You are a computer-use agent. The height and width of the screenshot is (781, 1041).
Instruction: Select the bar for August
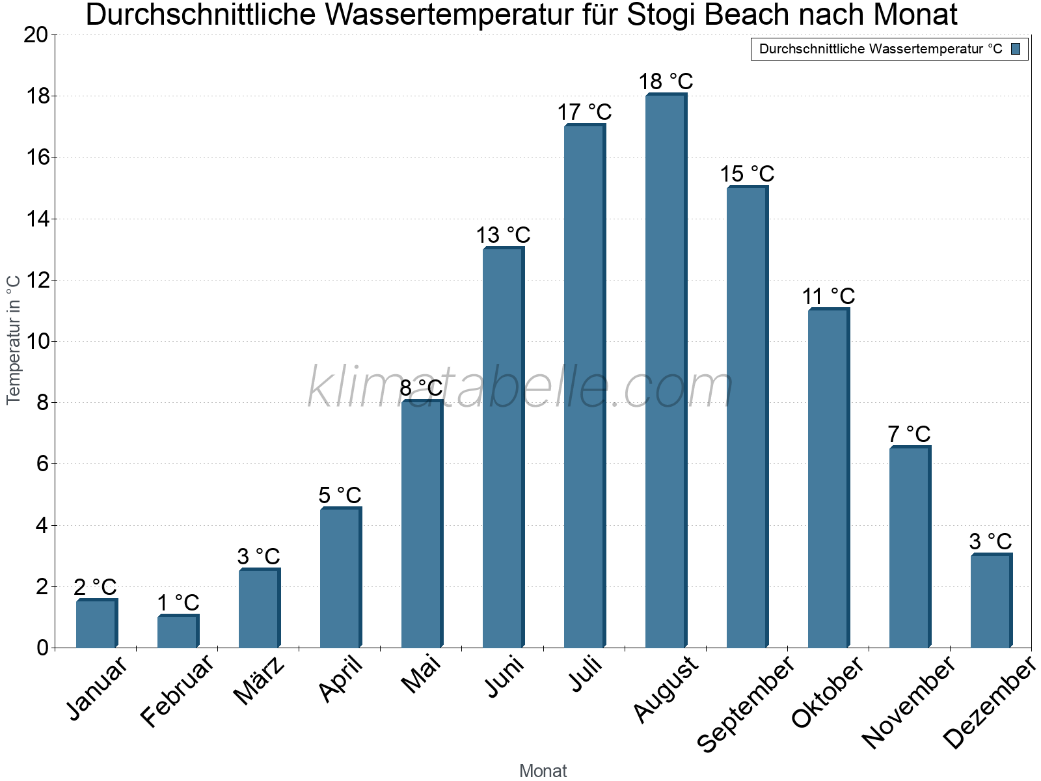coord(665,371)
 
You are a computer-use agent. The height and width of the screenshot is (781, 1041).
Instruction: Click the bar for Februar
coord(177,631)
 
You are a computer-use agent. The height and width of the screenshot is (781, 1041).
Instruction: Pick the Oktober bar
coord(828,478)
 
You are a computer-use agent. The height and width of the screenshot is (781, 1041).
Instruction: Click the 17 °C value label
coord(584,112)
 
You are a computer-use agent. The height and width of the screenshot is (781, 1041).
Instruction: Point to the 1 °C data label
coord(178,603)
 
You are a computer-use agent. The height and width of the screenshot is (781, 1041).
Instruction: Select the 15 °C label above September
coord(747,174)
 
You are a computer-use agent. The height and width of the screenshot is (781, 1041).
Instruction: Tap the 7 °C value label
coord(909,433)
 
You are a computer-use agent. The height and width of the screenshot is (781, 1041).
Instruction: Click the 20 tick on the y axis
coord(36,34)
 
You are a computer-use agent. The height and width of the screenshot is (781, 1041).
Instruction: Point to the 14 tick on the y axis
coord(36,219)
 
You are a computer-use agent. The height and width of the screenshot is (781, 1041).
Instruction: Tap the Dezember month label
coord(989,703)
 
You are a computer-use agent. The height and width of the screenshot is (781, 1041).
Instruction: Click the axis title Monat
coord(543,771)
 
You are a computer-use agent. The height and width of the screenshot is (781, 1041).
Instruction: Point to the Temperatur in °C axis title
coord(14,339)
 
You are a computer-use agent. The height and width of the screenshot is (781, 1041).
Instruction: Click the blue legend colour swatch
coord(1016,49)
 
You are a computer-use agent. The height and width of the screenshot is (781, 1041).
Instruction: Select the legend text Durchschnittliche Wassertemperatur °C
coord(880,49)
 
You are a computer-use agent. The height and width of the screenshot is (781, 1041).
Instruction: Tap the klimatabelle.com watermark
coord(520,387)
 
